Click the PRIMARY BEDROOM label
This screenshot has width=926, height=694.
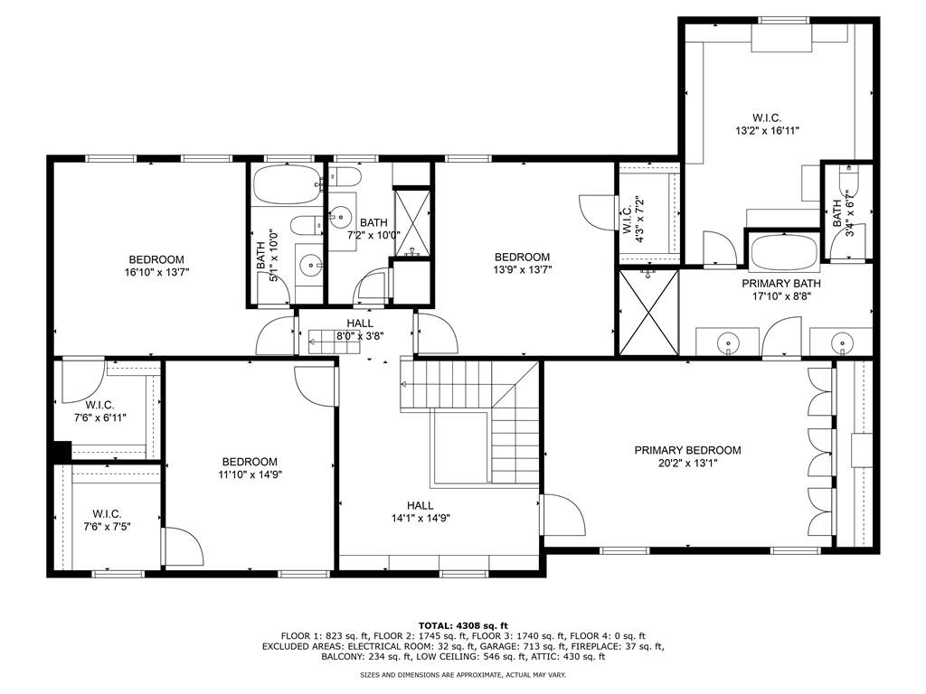tap(687, 450)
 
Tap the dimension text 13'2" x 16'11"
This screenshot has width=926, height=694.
tap(766, 130)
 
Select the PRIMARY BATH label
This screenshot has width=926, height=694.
tap(777, 282)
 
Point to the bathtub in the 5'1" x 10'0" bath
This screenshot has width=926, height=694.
tap(286, 185)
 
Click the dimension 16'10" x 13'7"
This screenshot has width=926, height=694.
tap(156, 271)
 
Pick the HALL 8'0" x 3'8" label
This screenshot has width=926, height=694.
tap(359, 323)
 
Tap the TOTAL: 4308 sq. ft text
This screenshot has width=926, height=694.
tap(463, 625)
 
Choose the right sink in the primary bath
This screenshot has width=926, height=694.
tap(841, 343)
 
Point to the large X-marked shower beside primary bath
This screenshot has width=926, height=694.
tap(647, 312)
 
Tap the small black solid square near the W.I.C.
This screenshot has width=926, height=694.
tap(61, 450)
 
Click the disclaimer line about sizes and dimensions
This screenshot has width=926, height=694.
tap(463, 675)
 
